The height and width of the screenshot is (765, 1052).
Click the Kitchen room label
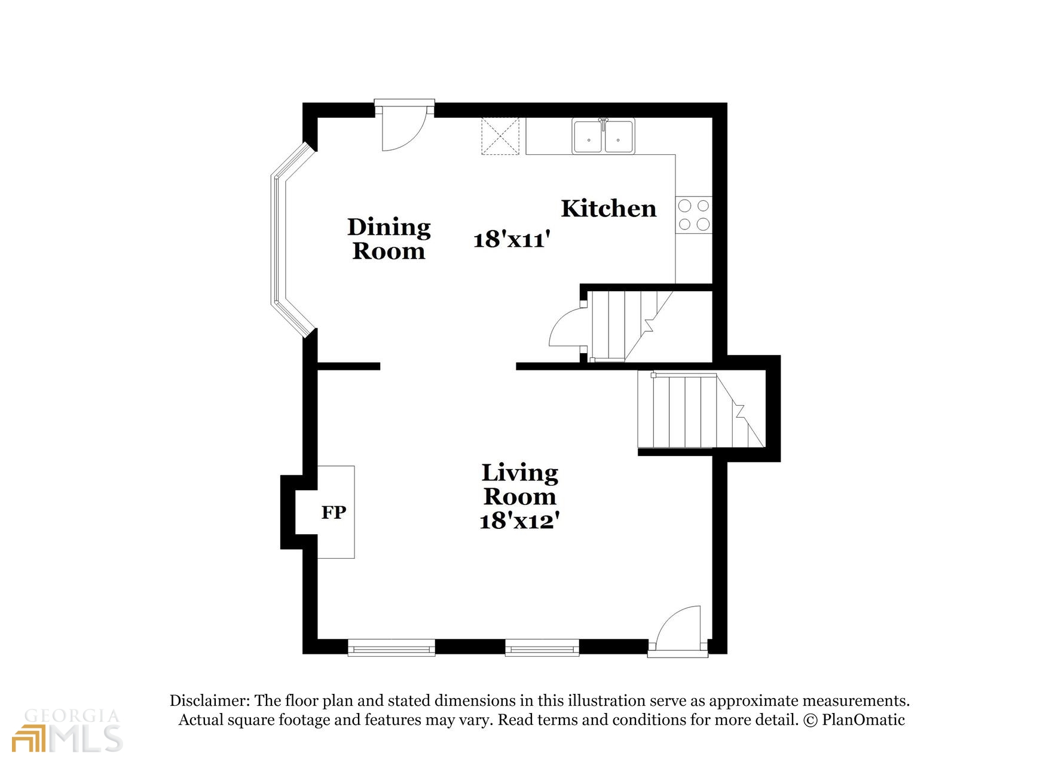point(608,209)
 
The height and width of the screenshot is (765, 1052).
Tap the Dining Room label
point(389,239)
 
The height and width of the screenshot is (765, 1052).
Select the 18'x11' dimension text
point(511,240)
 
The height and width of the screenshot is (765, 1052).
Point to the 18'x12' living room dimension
point(519,521)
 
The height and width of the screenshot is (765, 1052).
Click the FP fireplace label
point(334,512)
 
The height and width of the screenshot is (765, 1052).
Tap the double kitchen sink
point(604,136)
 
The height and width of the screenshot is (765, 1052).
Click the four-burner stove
point(694,215)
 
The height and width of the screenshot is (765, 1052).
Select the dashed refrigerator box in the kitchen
point(501,136)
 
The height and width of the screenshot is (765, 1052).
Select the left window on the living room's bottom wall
point(392,648)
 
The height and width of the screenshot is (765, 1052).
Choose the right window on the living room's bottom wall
point(542,648)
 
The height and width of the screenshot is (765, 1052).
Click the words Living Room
point(519,485)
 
